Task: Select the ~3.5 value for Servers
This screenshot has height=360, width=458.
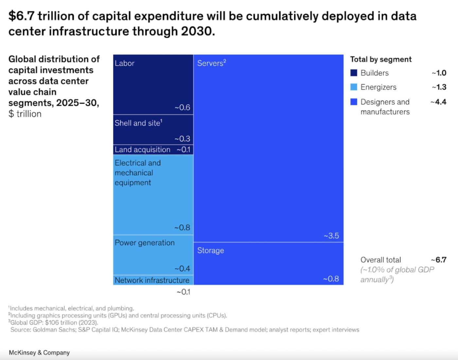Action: (x=331, y=236)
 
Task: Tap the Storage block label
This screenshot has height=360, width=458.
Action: (x=210, y=250)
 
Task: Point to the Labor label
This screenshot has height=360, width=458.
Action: (x=124, y=63)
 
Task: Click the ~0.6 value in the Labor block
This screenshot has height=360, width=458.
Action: (x=182, y=107)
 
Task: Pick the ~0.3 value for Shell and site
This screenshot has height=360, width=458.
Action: (x=182, y=138)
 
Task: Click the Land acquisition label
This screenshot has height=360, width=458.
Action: (x=142, y=150)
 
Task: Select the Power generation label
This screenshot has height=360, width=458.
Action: (x=145, y=243)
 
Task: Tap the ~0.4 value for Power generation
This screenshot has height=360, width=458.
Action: (x=182, y=268)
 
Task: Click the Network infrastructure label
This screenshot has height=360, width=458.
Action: (x=152, y=280)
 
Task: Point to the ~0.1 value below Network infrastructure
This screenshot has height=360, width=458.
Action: (x=183, y=292)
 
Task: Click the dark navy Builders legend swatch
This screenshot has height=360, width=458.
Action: (x=354, y=73)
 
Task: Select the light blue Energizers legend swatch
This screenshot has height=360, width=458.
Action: (x=354, y=87)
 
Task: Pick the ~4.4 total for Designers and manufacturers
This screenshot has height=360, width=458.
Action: (x=438, y=102)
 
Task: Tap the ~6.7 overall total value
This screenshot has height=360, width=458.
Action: (x=439, y=260)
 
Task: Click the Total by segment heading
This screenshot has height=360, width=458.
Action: (x=381, y=59)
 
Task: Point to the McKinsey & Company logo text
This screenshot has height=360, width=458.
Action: (x=39, y=352)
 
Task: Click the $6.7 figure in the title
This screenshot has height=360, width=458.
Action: (x=21, y=16)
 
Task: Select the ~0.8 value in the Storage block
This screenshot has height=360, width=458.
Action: (x=331, y=279)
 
